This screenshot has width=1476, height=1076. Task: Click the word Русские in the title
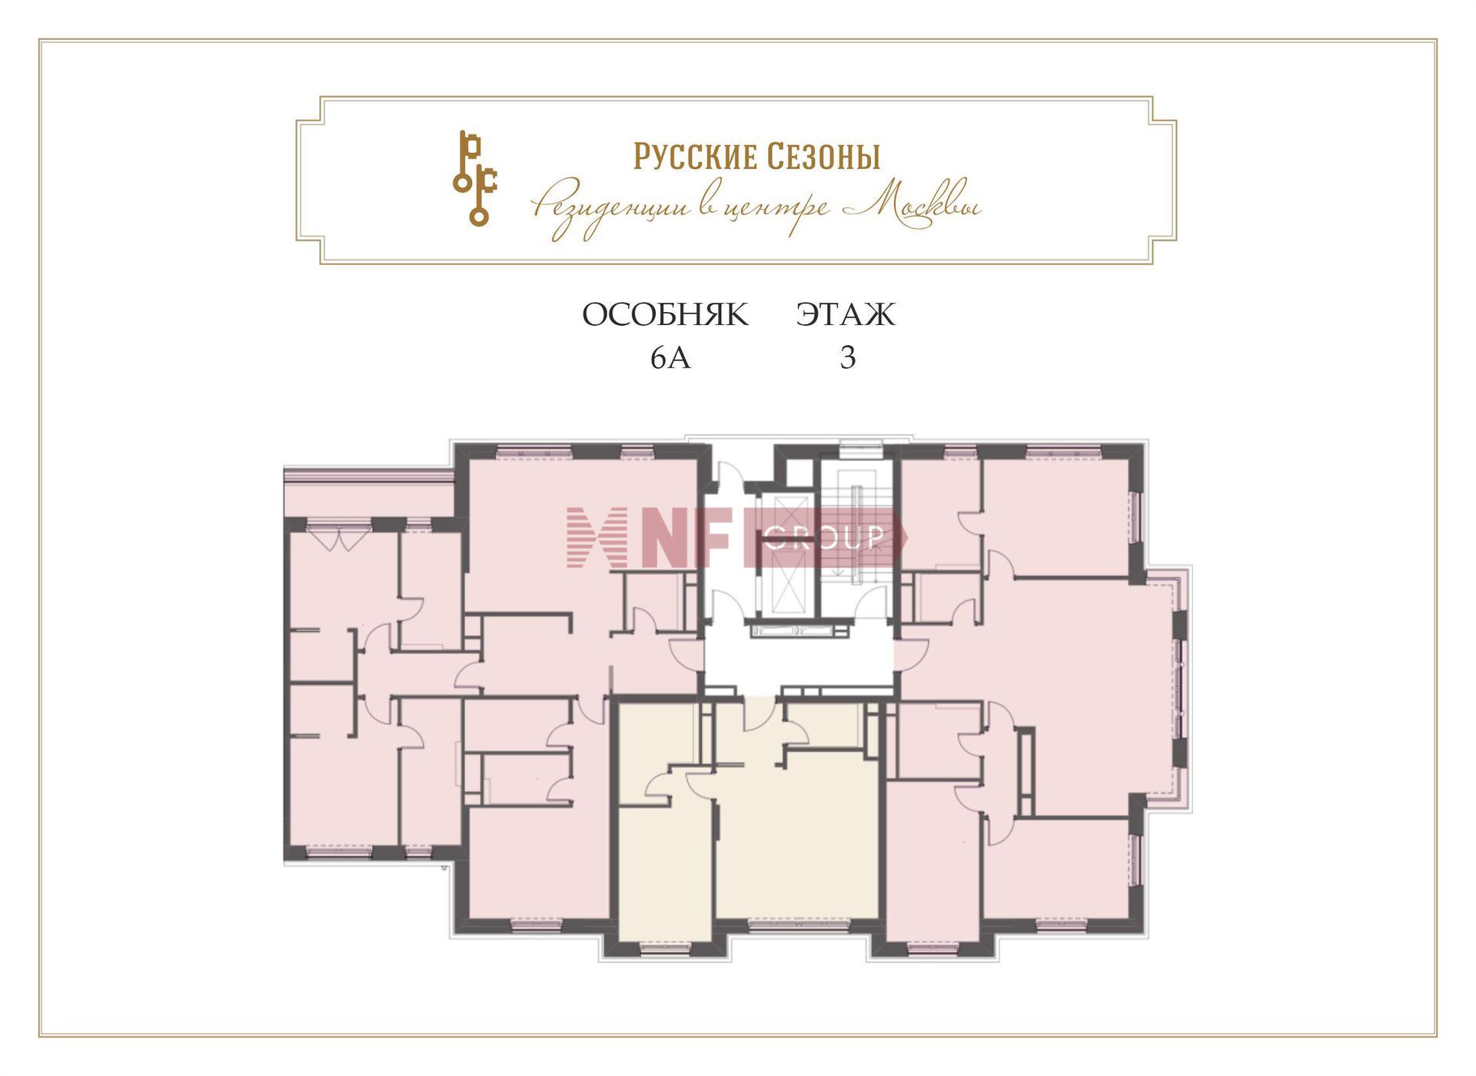pos(695,157)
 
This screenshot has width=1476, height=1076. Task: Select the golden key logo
pos(474,178)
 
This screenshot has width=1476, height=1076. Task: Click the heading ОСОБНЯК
pos(665,315)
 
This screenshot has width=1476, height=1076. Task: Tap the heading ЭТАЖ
pos(846,315)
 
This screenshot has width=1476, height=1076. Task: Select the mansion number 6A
pos(670,358)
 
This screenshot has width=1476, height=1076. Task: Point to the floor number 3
pos(848,358)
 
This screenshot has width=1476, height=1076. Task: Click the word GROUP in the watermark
pos(824,538)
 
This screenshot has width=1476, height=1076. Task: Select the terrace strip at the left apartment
pos(369,492)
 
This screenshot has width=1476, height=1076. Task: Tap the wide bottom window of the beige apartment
pos(799,927)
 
